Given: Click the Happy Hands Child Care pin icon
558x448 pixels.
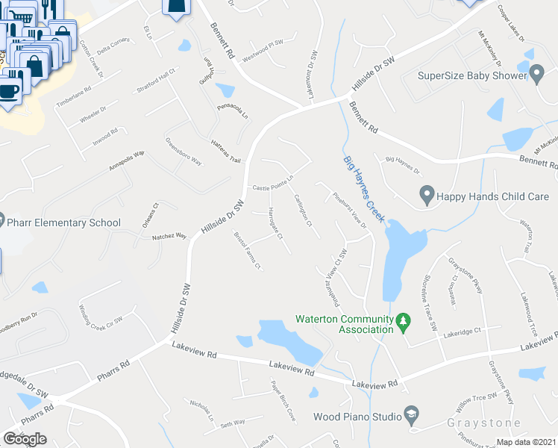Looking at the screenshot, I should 427,196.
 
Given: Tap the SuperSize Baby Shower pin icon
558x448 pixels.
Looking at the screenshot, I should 537,75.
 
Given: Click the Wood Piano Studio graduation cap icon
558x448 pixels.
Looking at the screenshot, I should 410,415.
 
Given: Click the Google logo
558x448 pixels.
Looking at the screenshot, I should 25,438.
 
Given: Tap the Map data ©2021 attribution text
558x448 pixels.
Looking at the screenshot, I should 526,442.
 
